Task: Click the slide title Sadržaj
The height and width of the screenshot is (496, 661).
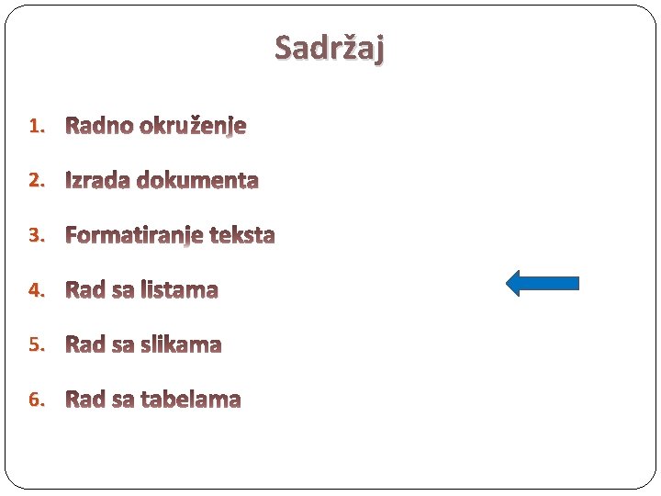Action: click(330, 46)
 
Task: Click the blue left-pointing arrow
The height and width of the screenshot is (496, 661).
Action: click(542, 283)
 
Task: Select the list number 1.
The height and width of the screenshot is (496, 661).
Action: click(36, 126)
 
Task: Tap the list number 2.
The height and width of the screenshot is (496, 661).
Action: click(36, 180)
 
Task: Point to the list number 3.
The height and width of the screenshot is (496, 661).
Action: click(36, 235)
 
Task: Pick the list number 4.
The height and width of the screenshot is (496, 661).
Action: click(36, 290)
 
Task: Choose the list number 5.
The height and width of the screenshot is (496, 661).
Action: click(36, 344)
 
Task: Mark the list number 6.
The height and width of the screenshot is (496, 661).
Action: click(36, 400)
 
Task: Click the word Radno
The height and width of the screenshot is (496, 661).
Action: click(99, 126)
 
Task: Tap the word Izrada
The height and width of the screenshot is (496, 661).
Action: click(97, 180)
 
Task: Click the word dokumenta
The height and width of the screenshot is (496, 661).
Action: click(197, 180)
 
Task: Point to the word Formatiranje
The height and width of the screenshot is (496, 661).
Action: click(134, 236)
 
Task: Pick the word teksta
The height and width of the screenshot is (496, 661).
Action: click(242, 235)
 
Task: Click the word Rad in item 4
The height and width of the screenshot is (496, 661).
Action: click(85, 290)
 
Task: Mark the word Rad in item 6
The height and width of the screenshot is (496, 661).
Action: click(85, 400)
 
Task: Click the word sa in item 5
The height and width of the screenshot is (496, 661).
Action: click(122, 345)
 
